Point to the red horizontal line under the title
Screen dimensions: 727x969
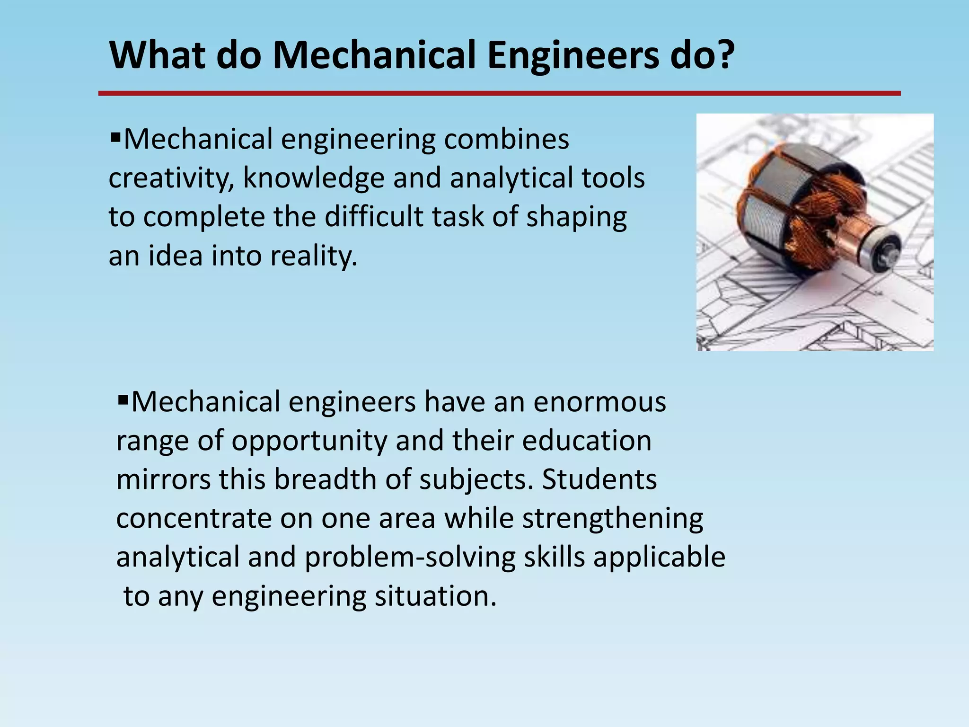[x=499, y=94]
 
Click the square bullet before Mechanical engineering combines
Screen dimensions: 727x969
[x=115, y=139]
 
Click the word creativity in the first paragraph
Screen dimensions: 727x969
[x=170, y=178]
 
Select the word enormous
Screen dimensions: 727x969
[x=599, y=402]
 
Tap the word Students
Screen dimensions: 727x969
[x=599, y=479]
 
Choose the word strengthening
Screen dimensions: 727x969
[x=613, y=519]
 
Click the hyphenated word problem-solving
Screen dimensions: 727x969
[x=410, y=558]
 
